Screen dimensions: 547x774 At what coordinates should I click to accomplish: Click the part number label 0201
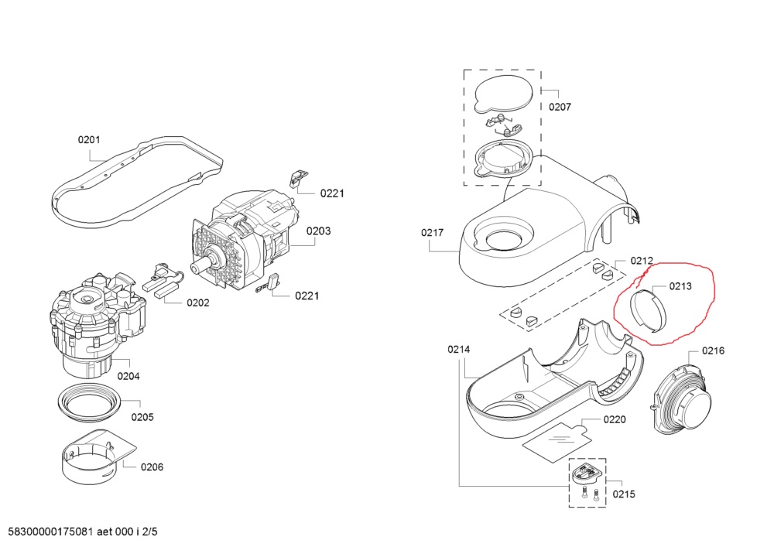pyautogui.click(x=89, y=140)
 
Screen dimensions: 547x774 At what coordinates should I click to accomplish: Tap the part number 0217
pyautogui.click(x=433, y=232)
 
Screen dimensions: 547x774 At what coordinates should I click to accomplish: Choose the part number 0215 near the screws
pyautogui.click(x=625, y=493)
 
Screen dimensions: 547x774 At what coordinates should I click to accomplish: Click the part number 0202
pyautogui.click(x=197, y=303)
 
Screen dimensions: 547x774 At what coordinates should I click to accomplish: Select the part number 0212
pyautogui.click(x=642, y=261)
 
